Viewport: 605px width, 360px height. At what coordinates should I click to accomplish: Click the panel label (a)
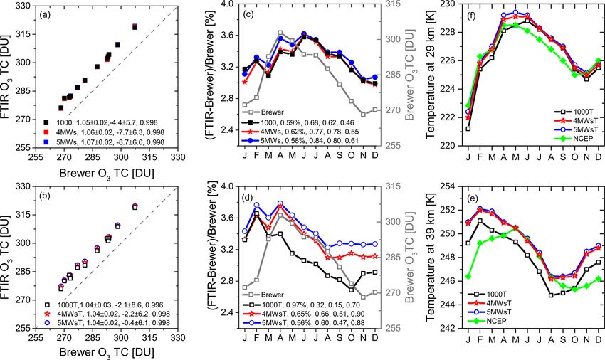[48, 14]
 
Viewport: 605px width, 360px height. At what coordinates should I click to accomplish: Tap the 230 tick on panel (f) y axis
[450, 5]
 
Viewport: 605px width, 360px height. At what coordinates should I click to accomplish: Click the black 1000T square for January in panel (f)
[468, 129]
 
